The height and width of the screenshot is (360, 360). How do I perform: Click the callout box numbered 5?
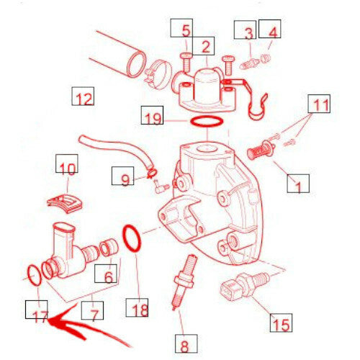click(x=181, y=28)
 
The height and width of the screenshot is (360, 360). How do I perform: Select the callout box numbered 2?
click(x=203, y=46)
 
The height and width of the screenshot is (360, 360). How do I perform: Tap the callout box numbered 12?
click(x=83, y=96)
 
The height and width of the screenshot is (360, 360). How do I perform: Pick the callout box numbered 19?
click(x=152, y=115)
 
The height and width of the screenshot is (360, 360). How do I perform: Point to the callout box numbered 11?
click(x=319, y=104)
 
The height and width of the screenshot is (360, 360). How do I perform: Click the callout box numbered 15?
click(x=281, y=323)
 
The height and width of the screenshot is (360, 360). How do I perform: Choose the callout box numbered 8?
click(x=186, y=343)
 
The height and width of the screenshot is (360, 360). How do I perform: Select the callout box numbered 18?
click(x=137, y=307)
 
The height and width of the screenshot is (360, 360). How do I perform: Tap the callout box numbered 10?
click(x=67, y=163)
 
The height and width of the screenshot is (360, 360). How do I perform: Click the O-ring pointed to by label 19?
click(x=207, y=125)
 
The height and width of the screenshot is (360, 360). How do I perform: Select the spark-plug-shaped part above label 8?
click(x=184, y=282)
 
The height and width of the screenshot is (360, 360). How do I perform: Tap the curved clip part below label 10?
click(x=65, y=204)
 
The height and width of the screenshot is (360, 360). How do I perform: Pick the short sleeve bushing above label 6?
click(x=109, y=248)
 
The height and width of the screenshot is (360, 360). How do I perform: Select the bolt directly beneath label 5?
click(x=186, y=63)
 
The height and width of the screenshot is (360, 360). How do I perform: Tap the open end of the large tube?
click(x=136, y=64)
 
